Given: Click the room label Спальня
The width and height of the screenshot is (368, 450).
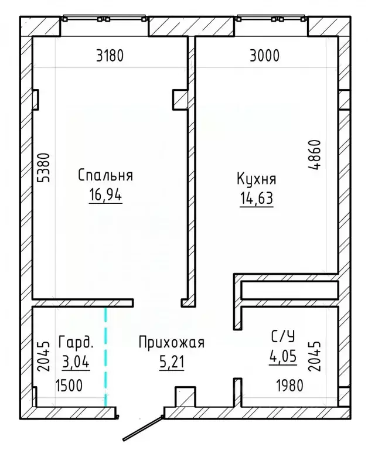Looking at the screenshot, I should pyautogui.click(x=105, y=175).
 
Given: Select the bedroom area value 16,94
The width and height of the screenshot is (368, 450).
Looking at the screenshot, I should pyautogui.click(x=105, y=195).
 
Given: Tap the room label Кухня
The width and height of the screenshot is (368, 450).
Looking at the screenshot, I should pyautogui.click(x=256, y=179).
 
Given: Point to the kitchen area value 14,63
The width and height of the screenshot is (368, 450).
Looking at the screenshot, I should pyautogui.click(x=256, y=199).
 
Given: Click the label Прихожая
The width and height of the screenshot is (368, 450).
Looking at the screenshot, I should pyautogui.click(x=171, y=343).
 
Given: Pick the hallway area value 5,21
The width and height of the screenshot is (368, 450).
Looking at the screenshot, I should pyautogui.click(x=171, y=363).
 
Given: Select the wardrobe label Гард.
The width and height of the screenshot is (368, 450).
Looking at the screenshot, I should pyautogui.click(x=76, y=342).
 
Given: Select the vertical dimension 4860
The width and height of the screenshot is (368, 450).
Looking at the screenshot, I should pyautogui.click(x=317, y=155).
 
